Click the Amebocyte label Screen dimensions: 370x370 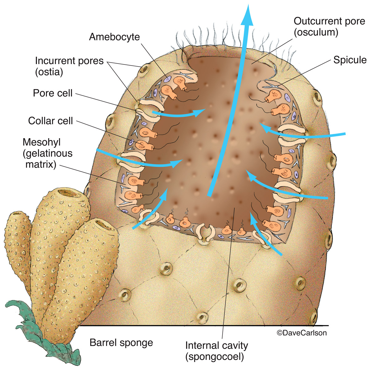click(114, 37)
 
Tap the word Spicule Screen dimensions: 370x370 click(350, 60)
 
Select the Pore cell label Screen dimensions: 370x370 click(53, 93)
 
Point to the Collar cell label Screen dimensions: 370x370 click(51, 121)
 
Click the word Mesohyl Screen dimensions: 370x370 click(42, 142)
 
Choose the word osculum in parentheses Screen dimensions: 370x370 click(316, 32)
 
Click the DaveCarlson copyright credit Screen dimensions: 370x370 click(302, 333)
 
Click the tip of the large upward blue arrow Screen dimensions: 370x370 click(248, 4)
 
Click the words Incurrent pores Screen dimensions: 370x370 click(69, 61)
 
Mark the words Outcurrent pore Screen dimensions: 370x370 click(329, 21)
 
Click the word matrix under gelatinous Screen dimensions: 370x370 click(41, 165)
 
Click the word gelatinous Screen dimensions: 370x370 click(47, 154)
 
